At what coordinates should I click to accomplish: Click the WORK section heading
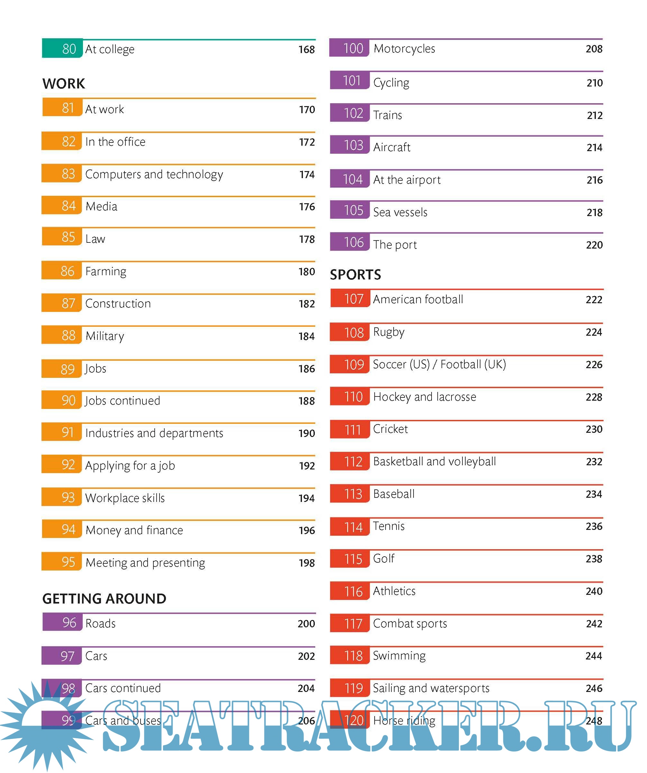click(x=63, y=84)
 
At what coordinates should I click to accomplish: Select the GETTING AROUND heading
click(x=104, y=598)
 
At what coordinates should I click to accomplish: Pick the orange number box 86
click(x=61, y=271)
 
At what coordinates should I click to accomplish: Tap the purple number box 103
click(x=350, y=145)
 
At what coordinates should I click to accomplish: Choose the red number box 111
click(x=350, y=430)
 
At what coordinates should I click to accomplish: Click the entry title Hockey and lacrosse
click(x=424, y=397)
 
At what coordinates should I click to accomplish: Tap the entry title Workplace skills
click(x=125, y=498)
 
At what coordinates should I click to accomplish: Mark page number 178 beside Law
click(x=306, y=239)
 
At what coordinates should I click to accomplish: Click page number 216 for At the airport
click(x=594, y=180)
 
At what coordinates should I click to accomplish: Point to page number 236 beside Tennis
click(x=594, y=526)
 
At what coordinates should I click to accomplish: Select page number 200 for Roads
click(x=306, y=623)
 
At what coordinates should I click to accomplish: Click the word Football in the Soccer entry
click(x=460, y=364)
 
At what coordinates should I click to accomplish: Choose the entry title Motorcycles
click(x=404, y=49)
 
